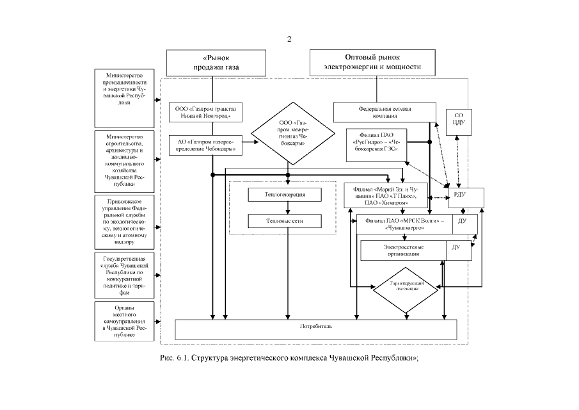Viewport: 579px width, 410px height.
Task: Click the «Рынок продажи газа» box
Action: [x=207, y=63]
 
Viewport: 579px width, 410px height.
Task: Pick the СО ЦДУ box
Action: [x=459, y=120]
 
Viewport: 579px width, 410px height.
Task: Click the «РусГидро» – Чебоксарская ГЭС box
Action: [x=375, y=144]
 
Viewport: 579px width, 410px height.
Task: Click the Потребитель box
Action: [x=316, y=328]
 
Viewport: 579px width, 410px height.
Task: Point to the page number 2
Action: [x=289, y=39]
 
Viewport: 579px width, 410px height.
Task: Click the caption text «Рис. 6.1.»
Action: [x=173, y=357]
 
